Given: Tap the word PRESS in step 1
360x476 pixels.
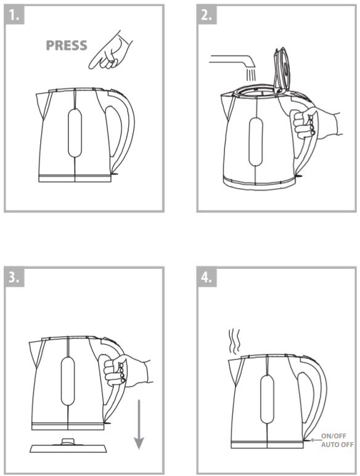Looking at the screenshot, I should click(x=66, y=46).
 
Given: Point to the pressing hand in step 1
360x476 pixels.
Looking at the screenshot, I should click(x=111, y=53).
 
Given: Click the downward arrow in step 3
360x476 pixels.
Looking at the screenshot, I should click(x=139, y=425).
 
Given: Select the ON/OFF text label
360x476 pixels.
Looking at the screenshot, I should click(x=335, y=435).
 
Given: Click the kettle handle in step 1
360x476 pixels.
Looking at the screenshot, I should click(x=121, y=129).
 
